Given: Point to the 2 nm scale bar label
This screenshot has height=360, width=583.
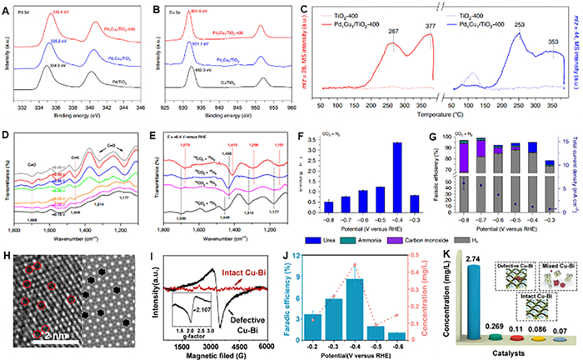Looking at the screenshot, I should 50,336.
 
